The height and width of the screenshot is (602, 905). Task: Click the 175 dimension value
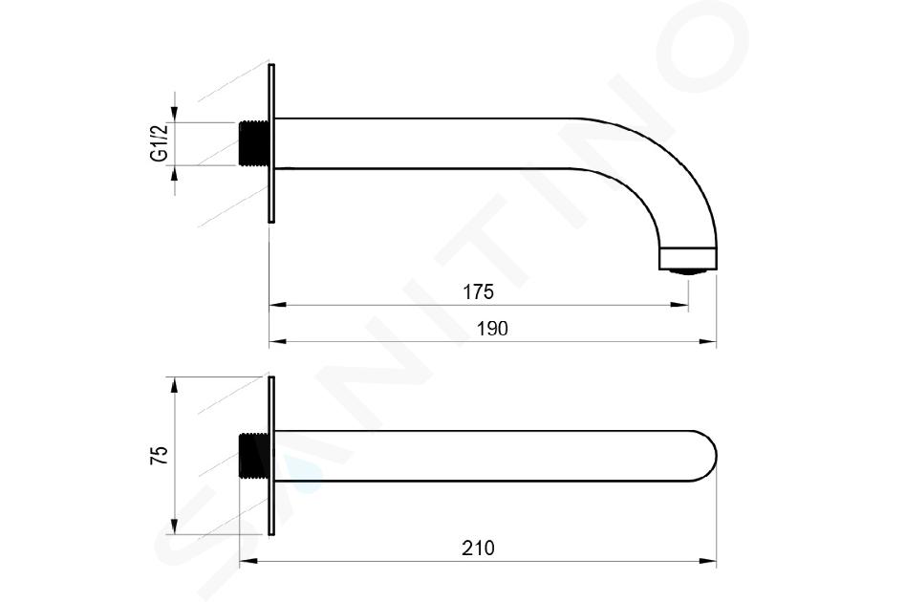tap(479, 292)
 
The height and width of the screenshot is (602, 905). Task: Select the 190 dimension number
tap(492, 329)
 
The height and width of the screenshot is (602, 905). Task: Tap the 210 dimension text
tap(478, 548)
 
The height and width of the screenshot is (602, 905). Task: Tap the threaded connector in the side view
tap(253, 143)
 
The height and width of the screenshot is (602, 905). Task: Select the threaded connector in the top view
tap(253, 456)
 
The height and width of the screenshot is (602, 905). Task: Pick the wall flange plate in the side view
tap(271, 143)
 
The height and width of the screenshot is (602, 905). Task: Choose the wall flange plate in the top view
tap(271, 456)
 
